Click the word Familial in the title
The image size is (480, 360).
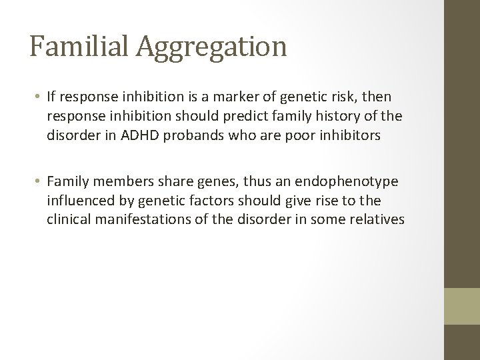click(73, 47)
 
